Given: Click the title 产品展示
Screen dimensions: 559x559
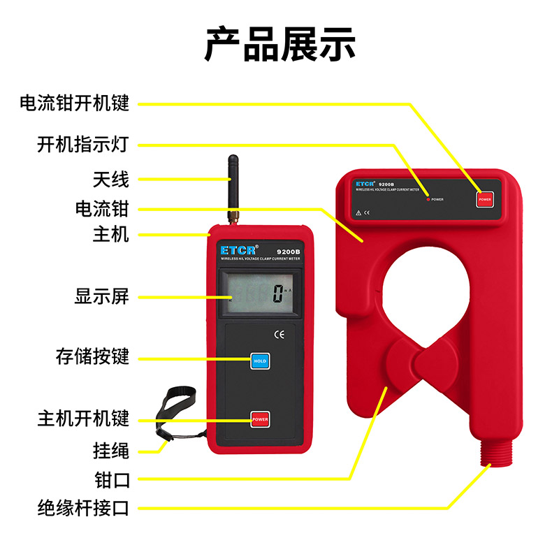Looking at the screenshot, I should (279, 43).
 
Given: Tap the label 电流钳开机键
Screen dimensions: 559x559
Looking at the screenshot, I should (75, 104).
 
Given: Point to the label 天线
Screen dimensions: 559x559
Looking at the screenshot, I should (111, 179).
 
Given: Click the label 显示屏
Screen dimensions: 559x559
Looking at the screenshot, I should (102, 296).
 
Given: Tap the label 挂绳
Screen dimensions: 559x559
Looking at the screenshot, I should (111, 450).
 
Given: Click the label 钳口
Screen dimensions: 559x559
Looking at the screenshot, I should (111, 479).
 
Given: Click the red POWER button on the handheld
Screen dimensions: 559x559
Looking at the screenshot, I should (261, 419).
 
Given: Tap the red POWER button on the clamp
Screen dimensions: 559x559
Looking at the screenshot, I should (484, 199).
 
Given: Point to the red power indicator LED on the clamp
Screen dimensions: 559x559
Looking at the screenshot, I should (428, 199).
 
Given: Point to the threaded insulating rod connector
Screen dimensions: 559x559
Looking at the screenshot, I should (498, 455).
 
